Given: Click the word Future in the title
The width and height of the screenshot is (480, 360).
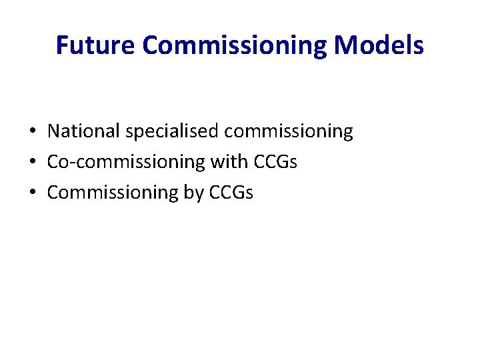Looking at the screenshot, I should tap(96, 45).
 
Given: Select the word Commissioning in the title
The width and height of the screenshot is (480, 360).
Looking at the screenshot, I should tap(236, 45).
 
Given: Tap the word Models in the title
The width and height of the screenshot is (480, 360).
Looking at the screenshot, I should tap(379, 45).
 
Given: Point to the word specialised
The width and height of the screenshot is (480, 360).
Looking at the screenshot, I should tap(173, 131).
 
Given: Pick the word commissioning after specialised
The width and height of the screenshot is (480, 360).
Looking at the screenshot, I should tap(289, 131).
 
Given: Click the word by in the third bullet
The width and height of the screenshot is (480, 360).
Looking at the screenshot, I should tap(193, 192).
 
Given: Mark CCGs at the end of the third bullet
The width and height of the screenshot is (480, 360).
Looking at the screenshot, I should tap(231, 192).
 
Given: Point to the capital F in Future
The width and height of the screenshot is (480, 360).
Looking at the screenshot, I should tap(62, 45).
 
